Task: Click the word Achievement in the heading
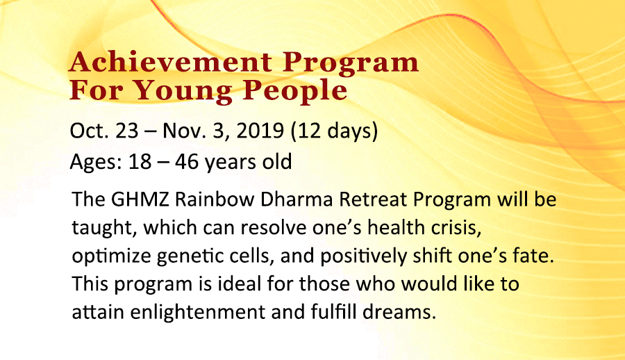point(171,62)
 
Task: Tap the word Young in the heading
point(182,92)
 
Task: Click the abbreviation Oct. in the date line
point(90,131)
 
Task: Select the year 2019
point(260,131)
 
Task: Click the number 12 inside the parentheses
point(308,131)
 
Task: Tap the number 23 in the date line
point(127,131)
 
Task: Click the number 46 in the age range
point(187,162)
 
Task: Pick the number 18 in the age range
point(140,162)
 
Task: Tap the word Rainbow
point(215,199)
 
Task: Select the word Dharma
point(297,199)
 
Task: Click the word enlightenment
point(197,313)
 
